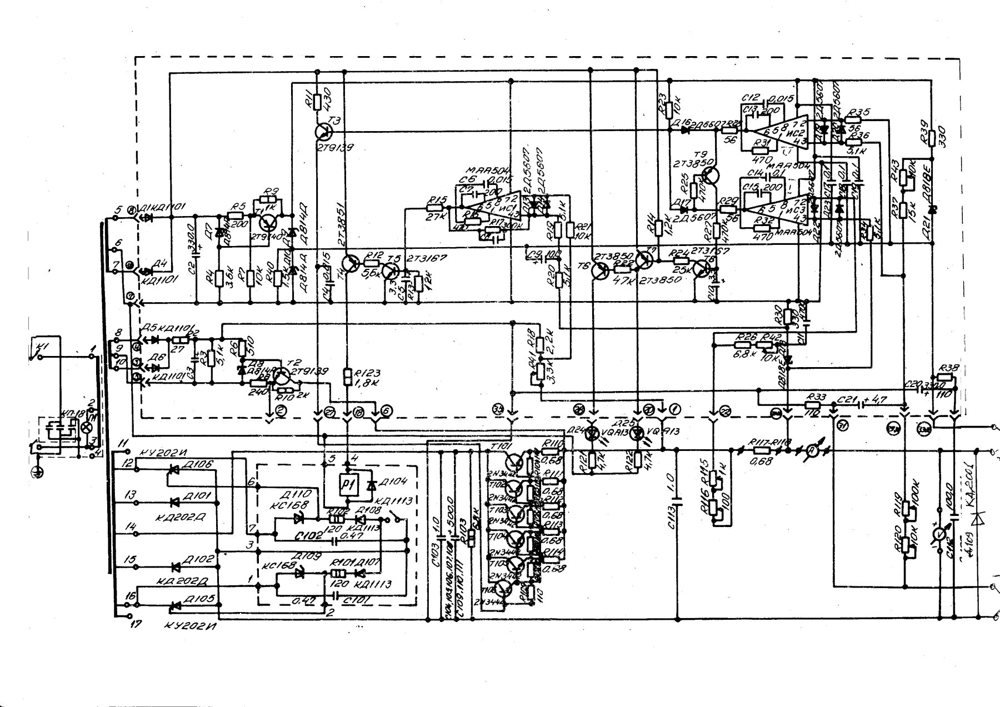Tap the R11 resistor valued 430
[x=317, y=102]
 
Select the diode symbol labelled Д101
[x=174, y=503]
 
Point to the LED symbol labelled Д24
[x=593, y=432]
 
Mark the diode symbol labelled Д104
[x=371, y=485]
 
